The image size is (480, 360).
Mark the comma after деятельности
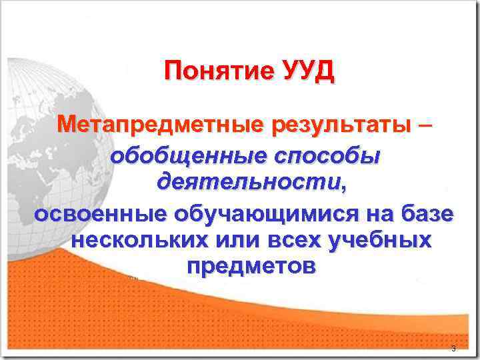(x=344, y=187)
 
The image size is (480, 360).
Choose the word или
(x=223, y=241)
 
